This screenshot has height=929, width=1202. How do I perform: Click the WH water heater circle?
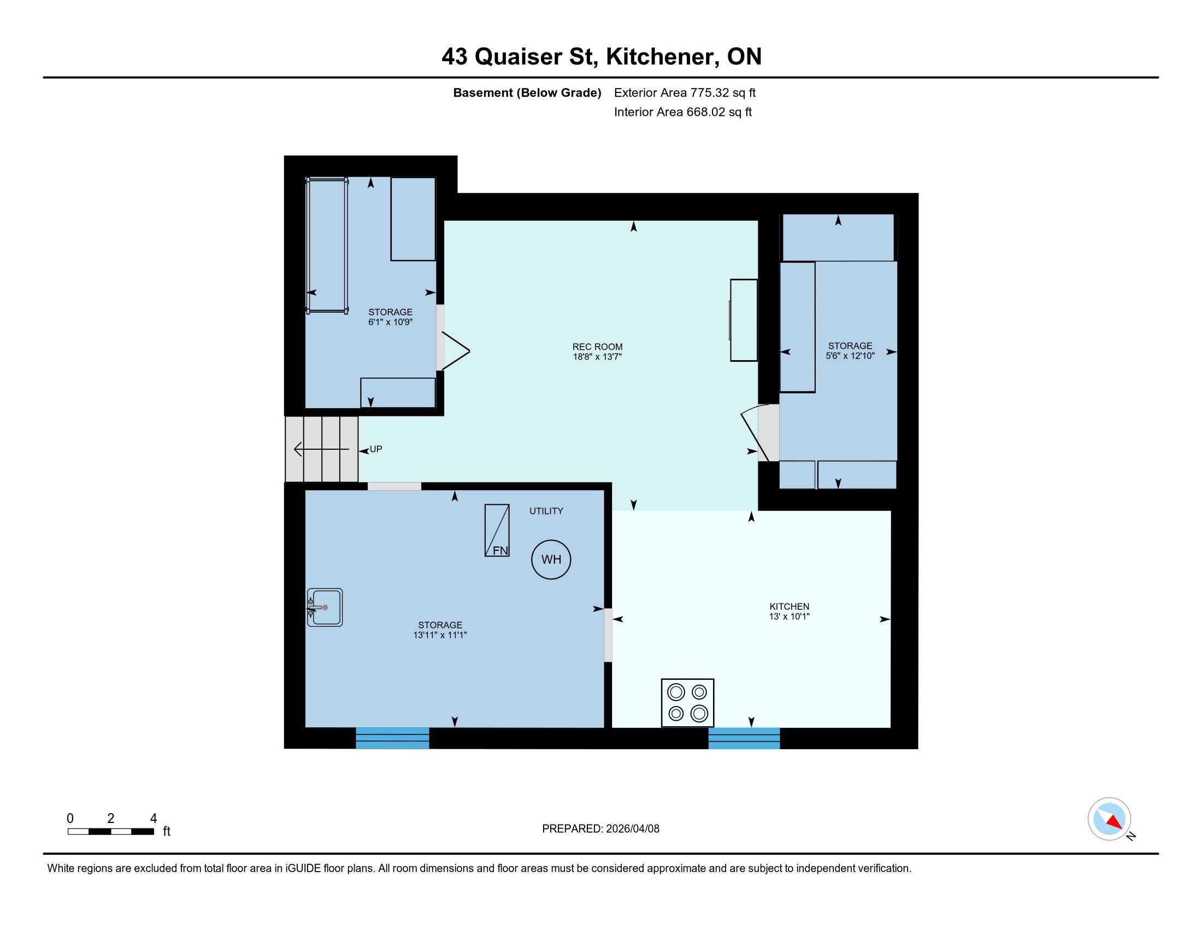click(x=550, y=559)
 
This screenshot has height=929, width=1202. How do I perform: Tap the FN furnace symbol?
click(x=497, y=530)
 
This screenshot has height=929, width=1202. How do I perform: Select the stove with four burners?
click(x=687, y=703)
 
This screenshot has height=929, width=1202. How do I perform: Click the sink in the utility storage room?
click(x=325, y=607)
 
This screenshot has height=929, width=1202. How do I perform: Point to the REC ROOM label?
click(x=597, y=346)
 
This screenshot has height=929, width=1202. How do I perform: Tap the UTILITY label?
click(x=546, y=511)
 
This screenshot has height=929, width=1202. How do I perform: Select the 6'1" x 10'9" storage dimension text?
click(x=390, y=322)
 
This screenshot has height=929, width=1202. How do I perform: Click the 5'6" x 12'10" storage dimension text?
click(x=850, y=356)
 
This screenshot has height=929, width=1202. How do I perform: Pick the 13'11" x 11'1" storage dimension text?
click(x=440, y=634)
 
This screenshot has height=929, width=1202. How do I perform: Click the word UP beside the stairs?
click(x=376, y=449)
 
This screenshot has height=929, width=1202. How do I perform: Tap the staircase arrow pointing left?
click(x=321, y=450)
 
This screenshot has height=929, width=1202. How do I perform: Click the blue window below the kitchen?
click(x=744, y=738)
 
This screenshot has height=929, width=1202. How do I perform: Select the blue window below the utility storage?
click(x=392, y=738)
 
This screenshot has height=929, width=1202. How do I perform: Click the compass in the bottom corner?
click(x=1109, y=819)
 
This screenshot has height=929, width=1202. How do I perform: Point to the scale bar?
click(x=110, y=832)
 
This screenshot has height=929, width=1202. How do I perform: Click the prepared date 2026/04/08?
click(x=631, y=829)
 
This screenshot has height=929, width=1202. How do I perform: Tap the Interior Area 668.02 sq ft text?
click(x=682, y=112)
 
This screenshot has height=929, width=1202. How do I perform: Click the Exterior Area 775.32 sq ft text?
click(x=685, y=92)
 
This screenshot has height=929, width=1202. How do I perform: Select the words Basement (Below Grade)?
click(x=527, y=92)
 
